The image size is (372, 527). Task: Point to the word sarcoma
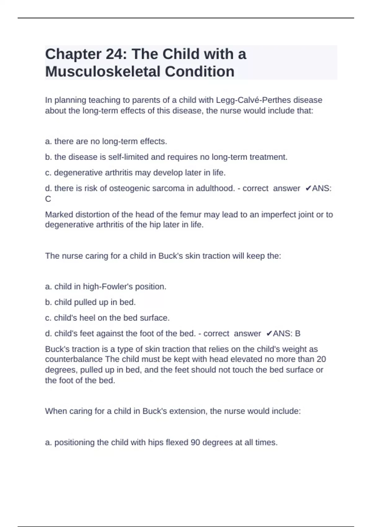coord(167,188)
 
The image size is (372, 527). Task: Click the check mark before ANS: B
coord(269,334)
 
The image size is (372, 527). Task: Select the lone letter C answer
coord(48,199)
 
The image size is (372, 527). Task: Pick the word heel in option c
coord(87,318)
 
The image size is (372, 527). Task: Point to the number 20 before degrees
coord(321,359)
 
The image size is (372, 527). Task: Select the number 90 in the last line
coord(195,442)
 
